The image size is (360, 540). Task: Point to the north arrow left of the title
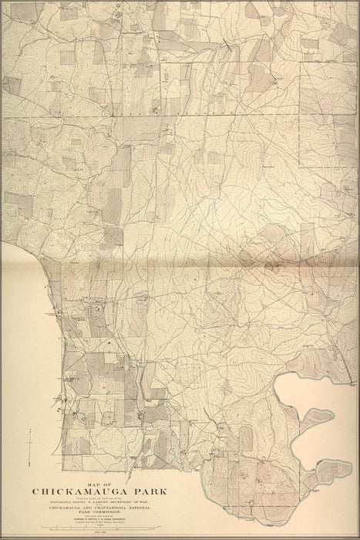tap(29, 448)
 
